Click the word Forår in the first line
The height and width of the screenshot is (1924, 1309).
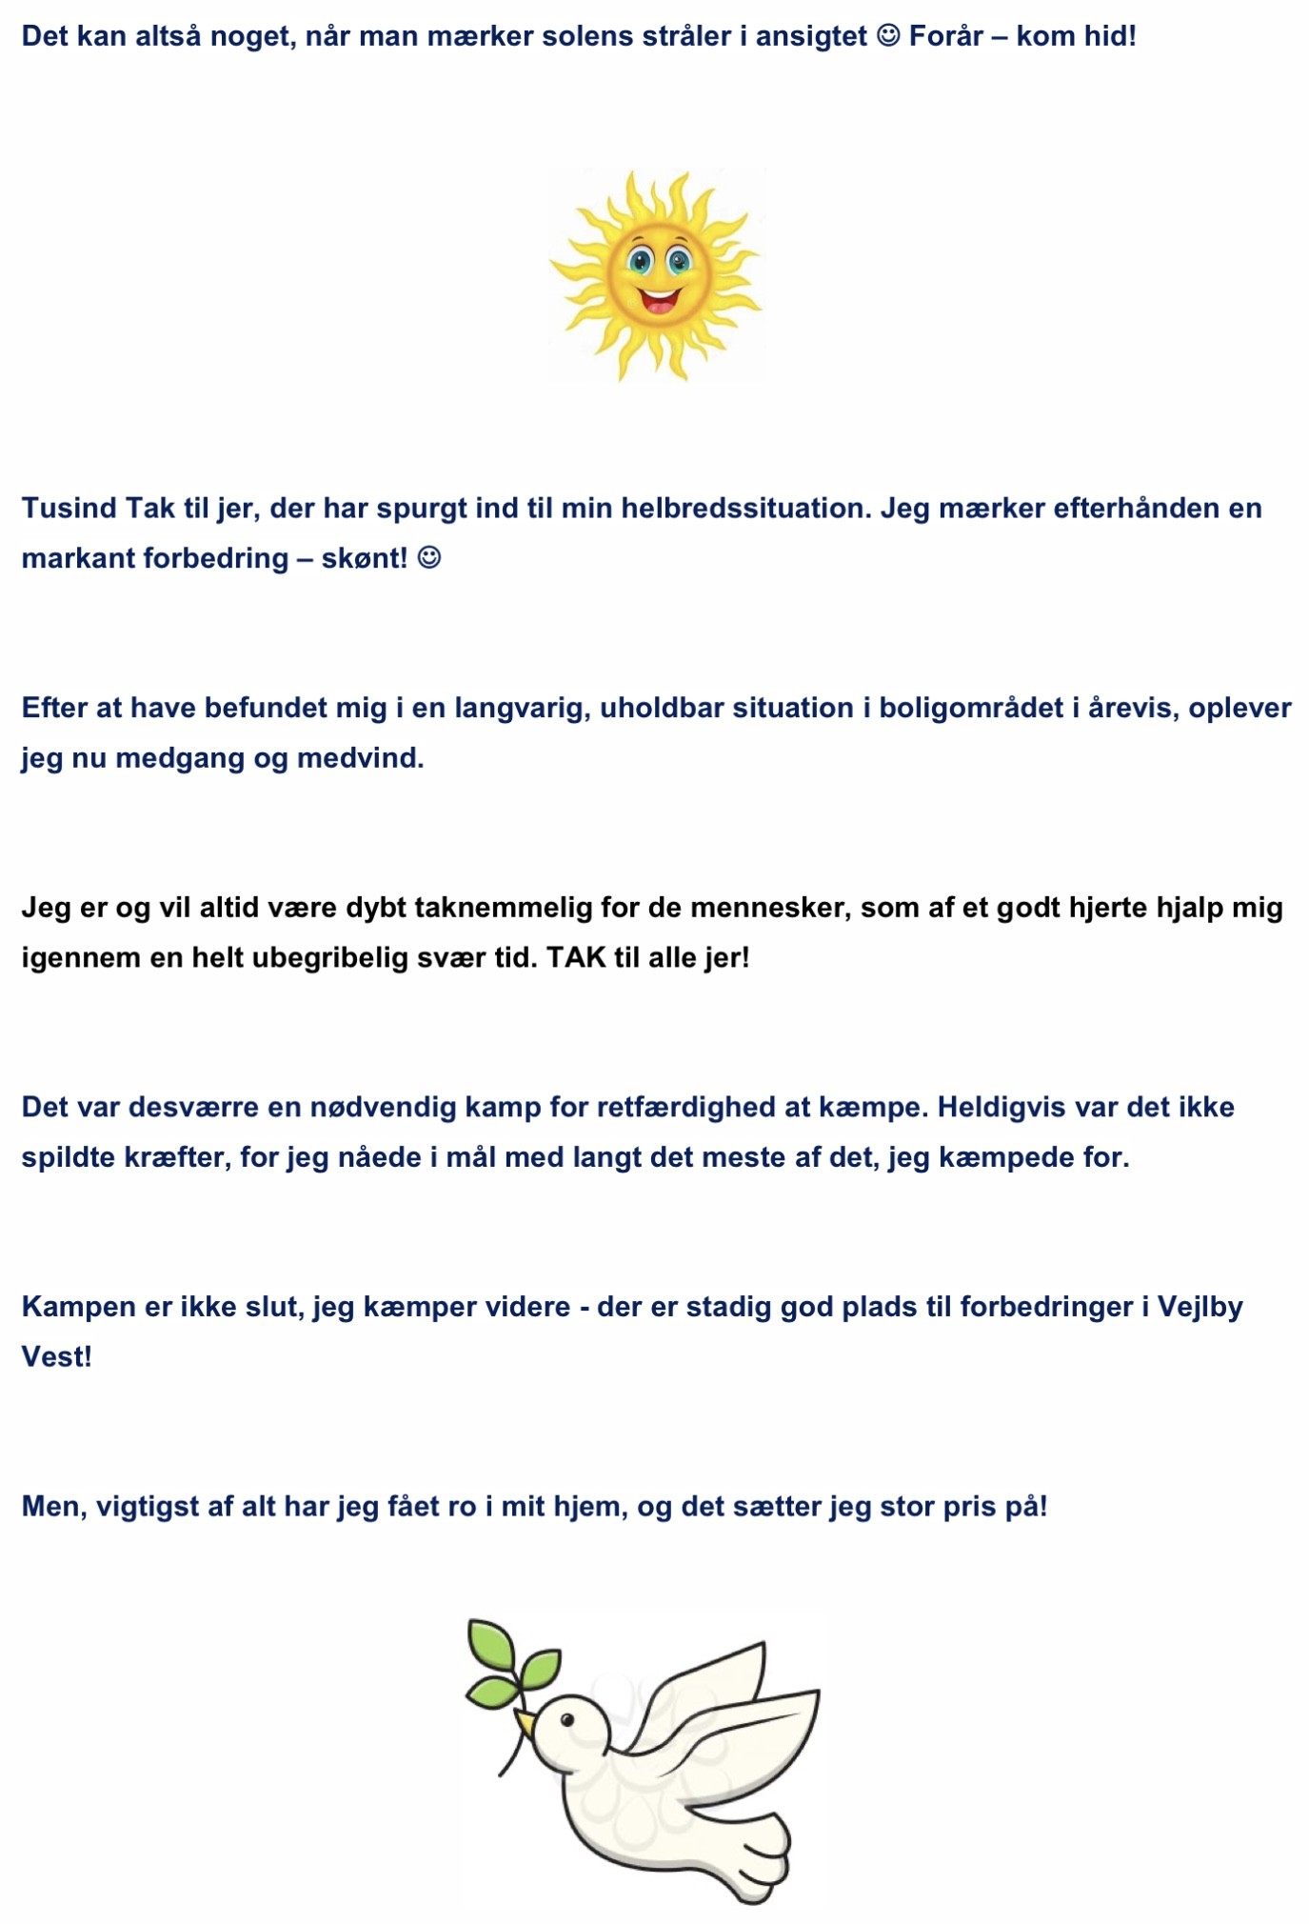945,36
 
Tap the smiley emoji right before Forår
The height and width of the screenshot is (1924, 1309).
887,36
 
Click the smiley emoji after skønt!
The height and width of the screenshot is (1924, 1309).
429,557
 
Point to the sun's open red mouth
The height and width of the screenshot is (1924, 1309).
659,301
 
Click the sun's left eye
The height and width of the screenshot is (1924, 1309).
640,260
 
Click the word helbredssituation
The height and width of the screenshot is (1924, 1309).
745,508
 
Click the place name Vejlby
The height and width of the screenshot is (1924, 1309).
1200,1306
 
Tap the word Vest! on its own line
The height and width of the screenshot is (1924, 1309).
57,1356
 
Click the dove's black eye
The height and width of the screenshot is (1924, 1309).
567,1719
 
